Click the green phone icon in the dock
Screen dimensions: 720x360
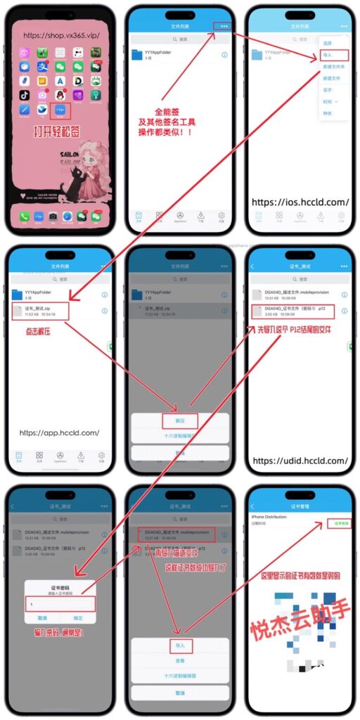tap(24, 217)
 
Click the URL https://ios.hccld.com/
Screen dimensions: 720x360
tap(300, 202)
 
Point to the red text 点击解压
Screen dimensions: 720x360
tap(37, 330)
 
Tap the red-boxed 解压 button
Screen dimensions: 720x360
tap(180, 421)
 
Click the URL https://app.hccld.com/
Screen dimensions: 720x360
tap(59, 432)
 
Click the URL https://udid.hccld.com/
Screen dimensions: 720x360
tap(300, 461)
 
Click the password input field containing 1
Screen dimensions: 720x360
tap(59, 604)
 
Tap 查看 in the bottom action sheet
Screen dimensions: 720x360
tap(180, 661)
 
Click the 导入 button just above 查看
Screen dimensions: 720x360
tap(180, 644)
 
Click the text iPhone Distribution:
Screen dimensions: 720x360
tap(274, 516)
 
